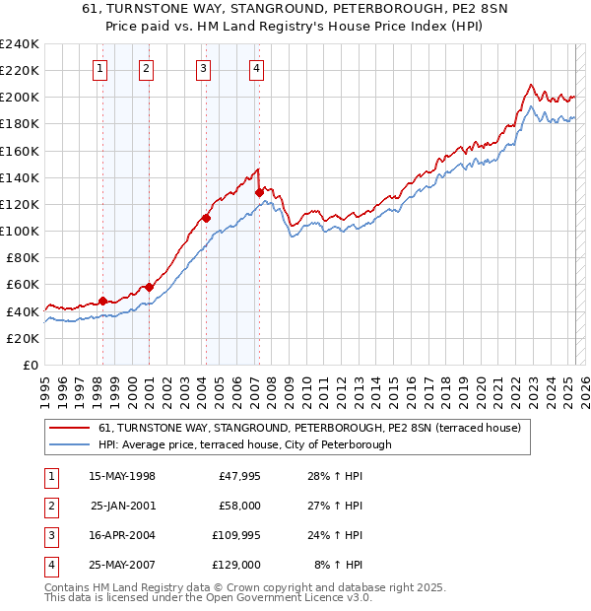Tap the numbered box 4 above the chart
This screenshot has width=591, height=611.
pyautogui.click(x=256, y=68)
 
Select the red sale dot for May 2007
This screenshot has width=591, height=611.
pyautogui.click(x=259, y=192)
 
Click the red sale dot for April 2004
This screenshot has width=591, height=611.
pyautogui.click(x=206, y=218)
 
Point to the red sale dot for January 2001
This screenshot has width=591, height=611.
pyautogui.click(x=150, y=287)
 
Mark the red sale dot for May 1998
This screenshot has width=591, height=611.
pyautogui.click(x=102, y=301)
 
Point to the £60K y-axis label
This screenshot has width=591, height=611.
pyautogui.click(x=23, y=285)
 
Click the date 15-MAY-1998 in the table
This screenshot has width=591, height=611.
pyautogui.click(x=121, y=477)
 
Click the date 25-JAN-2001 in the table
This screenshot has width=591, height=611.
pyautogui.click(x=121, y=507)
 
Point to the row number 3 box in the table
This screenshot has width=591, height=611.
pyautogui.click(x=49, y=536)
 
